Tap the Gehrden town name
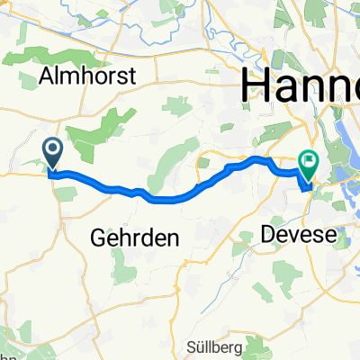click(x=135, y=238)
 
